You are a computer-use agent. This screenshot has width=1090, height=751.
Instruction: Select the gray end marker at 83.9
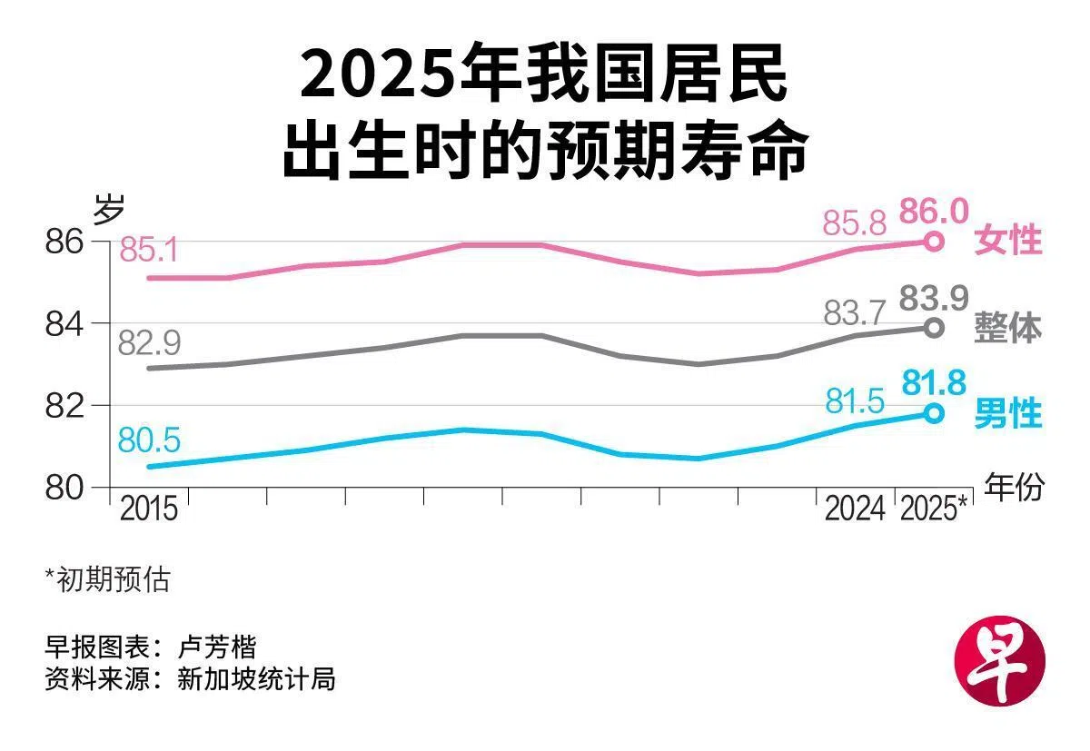(x=934, y=328)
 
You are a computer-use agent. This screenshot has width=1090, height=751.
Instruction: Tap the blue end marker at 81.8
(x=934, y=414)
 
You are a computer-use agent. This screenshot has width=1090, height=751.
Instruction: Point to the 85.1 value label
(x=148, y=250)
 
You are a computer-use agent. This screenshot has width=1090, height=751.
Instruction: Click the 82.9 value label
(x=149, y=342)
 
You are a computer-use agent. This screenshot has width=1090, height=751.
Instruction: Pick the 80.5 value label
(x=149, y=440)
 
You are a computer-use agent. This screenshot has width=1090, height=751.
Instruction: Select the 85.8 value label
(x=854, y=223)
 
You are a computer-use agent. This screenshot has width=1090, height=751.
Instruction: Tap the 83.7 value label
(x=854, y=312)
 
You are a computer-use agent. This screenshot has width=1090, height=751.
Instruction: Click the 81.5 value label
(x=855, y=401)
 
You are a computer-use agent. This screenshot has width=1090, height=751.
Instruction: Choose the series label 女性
(x=1007, y=241)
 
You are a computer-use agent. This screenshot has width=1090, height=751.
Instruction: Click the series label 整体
(x=1007, y=329)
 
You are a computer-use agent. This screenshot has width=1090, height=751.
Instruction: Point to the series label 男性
(x=1007, y=413)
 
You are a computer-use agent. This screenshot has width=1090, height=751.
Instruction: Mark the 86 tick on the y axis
(x=64, y=242)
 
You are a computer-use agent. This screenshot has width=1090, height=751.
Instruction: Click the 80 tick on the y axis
(x=64, y=488)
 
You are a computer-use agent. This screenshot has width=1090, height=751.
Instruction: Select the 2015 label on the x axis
(x=148, y=509)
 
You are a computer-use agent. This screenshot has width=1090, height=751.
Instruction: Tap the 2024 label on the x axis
(x=855, y=509)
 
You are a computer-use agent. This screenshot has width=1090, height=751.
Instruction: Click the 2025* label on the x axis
(x=934, y=509)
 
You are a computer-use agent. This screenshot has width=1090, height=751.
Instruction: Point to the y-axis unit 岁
(x=108, y=209)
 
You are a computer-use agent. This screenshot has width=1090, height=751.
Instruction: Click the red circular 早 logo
(x=1000, y=660)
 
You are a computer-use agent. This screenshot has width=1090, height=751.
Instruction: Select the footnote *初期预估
(x=107, y=579)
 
